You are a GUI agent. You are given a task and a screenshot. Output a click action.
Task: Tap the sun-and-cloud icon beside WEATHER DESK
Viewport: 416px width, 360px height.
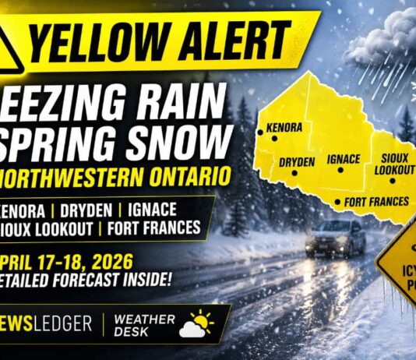pos(196,323)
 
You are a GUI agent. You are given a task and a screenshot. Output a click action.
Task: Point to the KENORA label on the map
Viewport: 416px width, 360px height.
pos(284,126)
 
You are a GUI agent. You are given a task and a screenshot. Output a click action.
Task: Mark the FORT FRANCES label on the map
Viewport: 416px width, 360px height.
pos(376,201)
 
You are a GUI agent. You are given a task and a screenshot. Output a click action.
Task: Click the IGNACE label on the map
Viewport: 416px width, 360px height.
pos(344,160)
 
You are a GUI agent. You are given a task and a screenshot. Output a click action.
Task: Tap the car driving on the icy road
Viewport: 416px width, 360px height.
pos(335,237)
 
